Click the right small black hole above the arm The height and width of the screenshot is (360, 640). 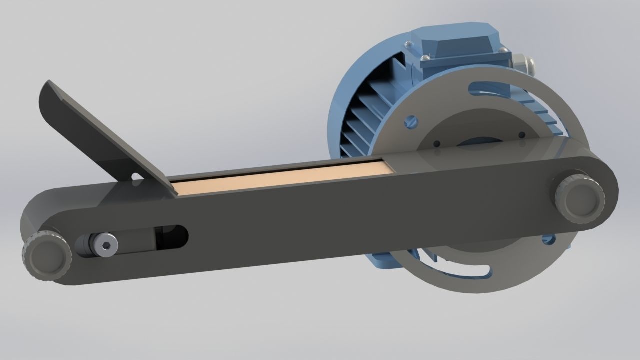pyautogui.click(x=522, y=135)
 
